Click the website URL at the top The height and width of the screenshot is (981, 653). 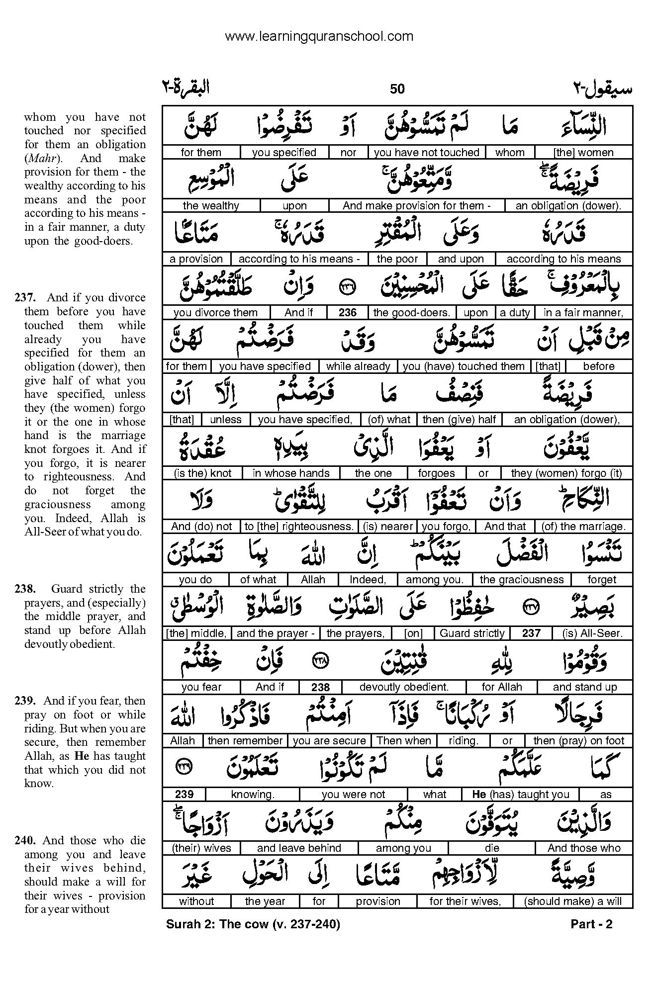point(319,36)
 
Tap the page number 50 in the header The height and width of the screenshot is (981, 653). point(397,89)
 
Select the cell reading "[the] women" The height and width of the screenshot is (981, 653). point(583,153)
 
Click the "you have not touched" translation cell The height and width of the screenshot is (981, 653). point(426,153)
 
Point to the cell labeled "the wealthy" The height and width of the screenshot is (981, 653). point(211,206)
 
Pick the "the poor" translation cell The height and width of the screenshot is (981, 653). point(397,259)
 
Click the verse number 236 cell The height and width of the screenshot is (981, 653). point(347,313)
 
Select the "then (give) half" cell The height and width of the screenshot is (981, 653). point(459,420)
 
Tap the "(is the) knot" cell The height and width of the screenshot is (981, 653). point(202,473)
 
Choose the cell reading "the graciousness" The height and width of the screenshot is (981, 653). point(521,580)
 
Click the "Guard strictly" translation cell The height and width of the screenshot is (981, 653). point(472,633)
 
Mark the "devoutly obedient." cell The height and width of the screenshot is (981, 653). point(404,687)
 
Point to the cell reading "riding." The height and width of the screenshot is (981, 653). point(463,741)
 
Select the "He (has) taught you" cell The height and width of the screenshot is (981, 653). point(520,795)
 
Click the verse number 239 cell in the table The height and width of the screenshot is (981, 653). point(184,795)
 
